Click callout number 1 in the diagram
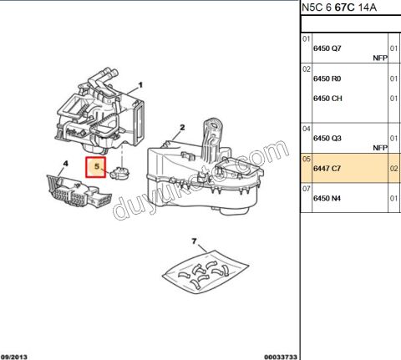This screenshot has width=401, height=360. tap(141, 84)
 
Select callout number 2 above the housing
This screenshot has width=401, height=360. tap(180, 129)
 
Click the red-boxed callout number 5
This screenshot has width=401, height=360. tap(97, 167)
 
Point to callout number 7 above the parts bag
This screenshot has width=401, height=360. tap(194, 242)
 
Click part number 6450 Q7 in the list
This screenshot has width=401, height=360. tap(327, 48)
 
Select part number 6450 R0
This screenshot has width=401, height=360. tap(327, 79)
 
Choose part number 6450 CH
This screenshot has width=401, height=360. tap(327, 99)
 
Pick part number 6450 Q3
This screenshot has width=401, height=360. tap(327, 138)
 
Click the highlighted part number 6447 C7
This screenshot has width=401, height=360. tap(327, 169)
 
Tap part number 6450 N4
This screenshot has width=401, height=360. tap(327, 199)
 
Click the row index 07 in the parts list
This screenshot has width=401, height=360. tap(307, 190)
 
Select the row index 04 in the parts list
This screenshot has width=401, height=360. tap(307, 129)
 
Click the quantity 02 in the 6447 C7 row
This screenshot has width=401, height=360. tap(394, 169)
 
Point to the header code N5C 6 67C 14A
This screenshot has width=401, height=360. tap(339, 9)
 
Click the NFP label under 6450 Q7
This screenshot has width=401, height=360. tap(380, 58)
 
